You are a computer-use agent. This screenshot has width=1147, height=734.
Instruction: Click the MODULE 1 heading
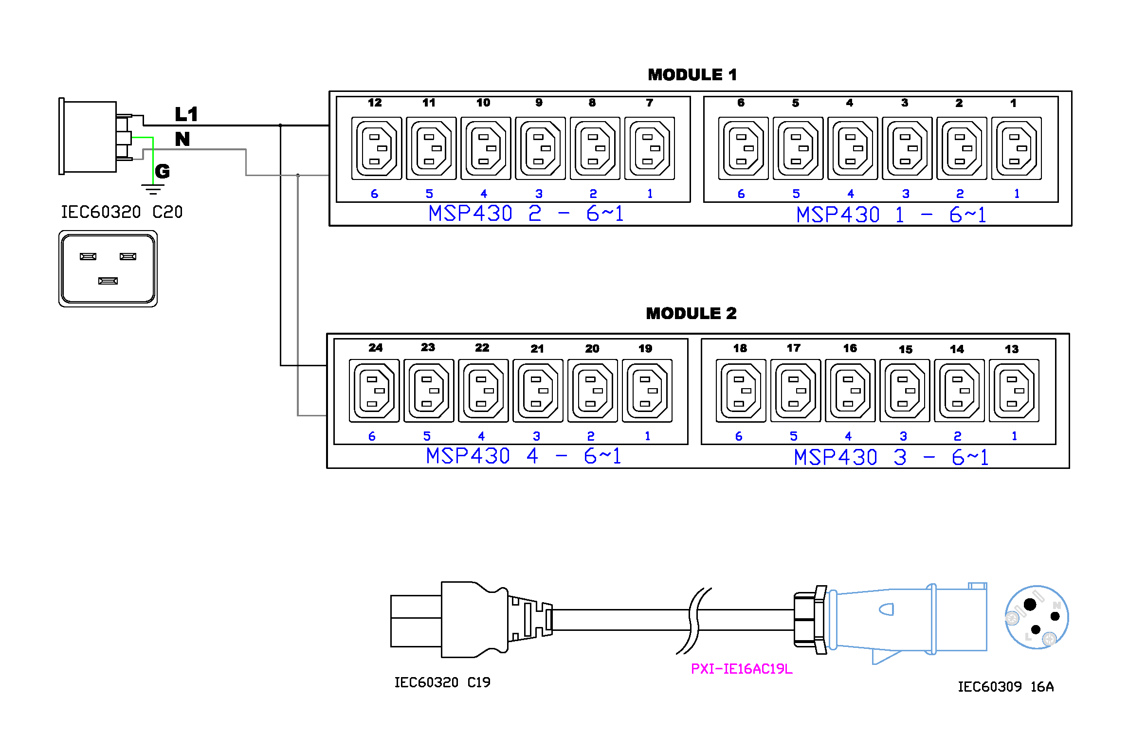(x=692, y=75)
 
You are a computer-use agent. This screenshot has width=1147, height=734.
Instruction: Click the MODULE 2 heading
(x=691, y=313)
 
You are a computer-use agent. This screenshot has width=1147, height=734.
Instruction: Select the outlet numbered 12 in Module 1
(x=376, y=148)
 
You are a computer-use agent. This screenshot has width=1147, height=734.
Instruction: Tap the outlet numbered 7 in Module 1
(x=649, y=148)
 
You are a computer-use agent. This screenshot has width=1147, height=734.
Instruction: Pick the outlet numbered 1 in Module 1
(x=1016, y=148)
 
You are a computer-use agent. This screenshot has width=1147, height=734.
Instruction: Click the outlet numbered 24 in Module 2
(x=374, y=391)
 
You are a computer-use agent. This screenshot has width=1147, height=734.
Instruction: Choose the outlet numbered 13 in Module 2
(x=1014, y=391)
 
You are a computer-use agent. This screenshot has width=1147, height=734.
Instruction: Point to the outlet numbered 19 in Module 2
(x=647, y=391)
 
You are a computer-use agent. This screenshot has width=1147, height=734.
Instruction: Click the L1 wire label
(x=186, y=114)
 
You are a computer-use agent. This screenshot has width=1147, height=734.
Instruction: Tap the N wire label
(x=182, y=139)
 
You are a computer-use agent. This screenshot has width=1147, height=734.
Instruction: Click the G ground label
(x=163, y=171)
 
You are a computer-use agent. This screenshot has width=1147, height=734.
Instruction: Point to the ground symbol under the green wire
(x=152, y=189)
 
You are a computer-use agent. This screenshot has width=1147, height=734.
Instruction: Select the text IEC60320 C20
(x=121, y=212)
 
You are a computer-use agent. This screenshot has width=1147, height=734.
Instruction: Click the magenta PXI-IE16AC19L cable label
(x=741, y=669)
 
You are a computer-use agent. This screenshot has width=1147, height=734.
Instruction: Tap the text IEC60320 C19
(x=442, y=682)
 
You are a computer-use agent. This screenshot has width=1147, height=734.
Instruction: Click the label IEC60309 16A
(x=1005, y=687)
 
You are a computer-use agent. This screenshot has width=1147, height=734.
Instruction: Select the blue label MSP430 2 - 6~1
(x=526, y=214)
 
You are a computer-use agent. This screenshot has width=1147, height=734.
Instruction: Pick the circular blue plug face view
(x=1036, y=617)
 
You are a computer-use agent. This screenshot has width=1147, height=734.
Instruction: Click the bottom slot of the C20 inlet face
(x=108, y=281)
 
